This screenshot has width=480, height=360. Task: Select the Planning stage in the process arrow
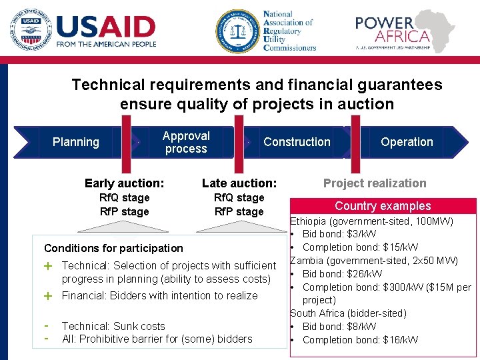click(75, 142)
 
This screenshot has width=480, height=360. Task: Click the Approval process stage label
click(186, 142)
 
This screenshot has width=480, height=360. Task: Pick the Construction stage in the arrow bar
click(297, 142)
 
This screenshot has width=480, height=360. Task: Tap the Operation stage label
click(407, 142)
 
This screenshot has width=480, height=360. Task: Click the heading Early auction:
click(124, 183)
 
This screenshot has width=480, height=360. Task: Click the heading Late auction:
click(239, 183)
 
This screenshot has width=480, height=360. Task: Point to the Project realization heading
click(375, 183)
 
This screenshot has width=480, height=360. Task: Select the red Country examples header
click(383, 206)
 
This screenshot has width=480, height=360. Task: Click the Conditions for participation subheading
click(113, 248)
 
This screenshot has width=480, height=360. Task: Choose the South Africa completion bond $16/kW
click(360, 340)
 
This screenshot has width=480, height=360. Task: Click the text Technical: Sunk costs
click(113, 326)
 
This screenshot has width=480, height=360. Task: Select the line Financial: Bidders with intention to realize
click(159, 295)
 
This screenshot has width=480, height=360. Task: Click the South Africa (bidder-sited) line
click(348, 313)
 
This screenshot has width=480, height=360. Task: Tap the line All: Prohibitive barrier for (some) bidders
click(157, 339)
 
